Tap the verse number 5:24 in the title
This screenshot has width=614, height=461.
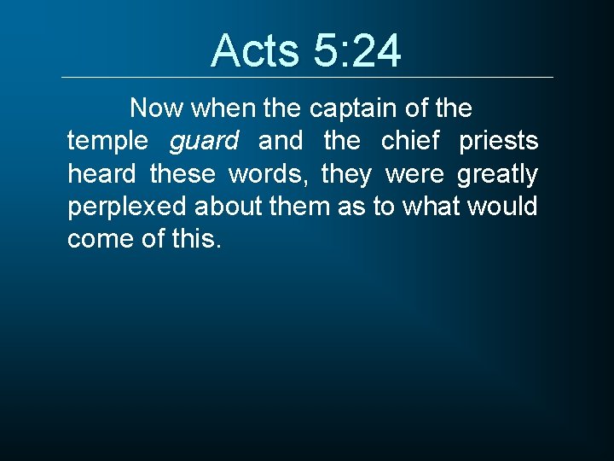coord(356,51)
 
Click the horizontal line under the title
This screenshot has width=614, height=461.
coord(307,78)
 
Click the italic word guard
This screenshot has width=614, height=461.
coord(205,141)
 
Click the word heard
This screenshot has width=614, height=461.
coord(101,174)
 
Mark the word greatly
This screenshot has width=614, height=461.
coord(497,174)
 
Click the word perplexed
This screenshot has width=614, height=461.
coord(128,207)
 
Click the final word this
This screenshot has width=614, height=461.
coord(196,239)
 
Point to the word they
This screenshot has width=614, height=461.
coord(346,174)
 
